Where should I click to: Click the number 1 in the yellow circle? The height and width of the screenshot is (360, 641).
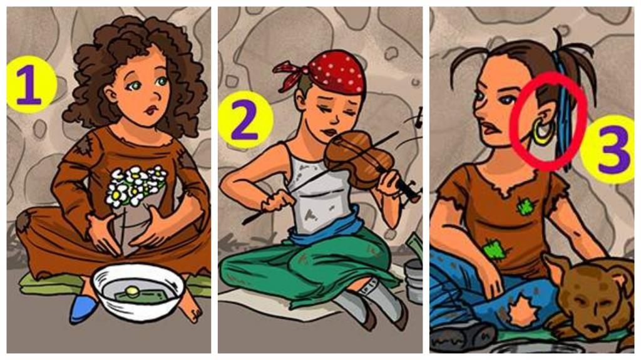click(x=29, y=85)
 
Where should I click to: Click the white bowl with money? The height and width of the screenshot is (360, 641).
click(x=138, y=291)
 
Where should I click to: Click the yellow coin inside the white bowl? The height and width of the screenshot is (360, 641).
click(x=131, y=291)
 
